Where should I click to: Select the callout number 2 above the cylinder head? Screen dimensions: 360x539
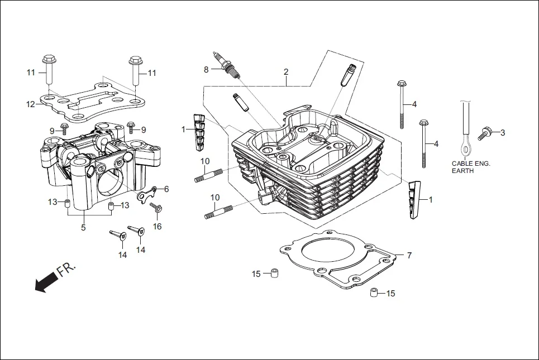pyautogui.click(x=286, y=72)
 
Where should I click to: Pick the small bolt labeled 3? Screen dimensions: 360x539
pyautogui.click(x=484, y=134)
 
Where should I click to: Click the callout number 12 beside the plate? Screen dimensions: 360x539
pyautogui.click(x=31, y=104)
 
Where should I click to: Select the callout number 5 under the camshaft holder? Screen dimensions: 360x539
pyautogui.click(x=83, y=227)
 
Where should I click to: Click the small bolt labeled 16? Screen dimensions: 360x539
pyautogui.click(x=156, y=208)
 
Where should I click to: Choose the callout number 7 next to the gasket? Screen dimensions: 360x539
pyautogui.click(x=409, y=256)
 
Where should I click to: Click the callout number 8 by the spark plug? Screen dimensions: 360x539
pyautogui.click(x=206, y=69)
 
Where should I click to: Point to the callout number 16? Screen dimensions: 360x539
pyautogui.click(x=158, y=226)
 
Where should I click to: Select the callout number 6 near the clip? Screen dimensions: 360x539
pyautogui.click(x=166, y=189)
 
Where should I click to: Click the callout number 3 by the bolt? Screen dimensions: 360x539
pyautogui.click(x=502, y=132)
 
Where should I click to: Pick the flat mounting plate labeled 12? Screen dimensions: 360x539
pyautogui.click(x=95, y=100)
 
